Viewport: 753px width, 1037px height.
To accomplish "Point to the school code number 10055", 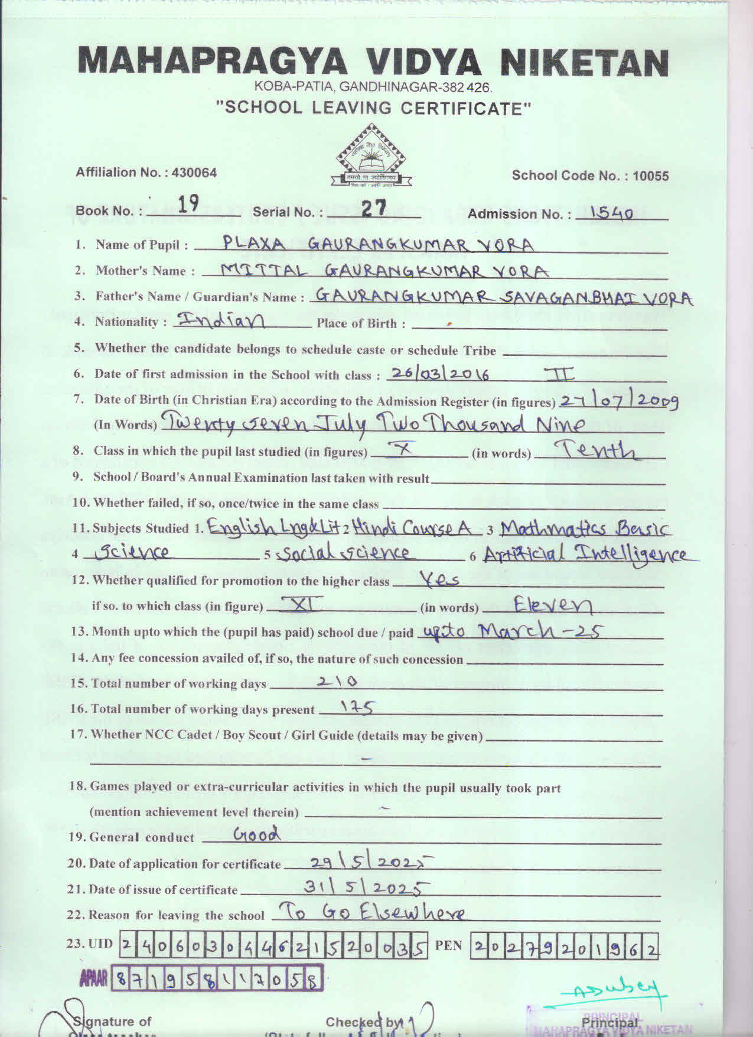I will [x=650, y=176].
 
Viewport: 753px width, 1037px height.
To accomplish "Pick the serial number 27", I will [x=373, y=207].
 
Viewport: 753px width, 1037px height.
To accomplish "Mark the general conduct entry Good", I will [x=257, y=835].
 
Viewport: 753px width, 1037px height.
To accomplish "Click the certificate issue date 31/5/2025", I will [x=366, y=888].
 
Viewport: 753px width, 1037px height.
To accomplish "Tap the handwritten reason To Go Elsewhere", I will [x=371, y=913].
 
